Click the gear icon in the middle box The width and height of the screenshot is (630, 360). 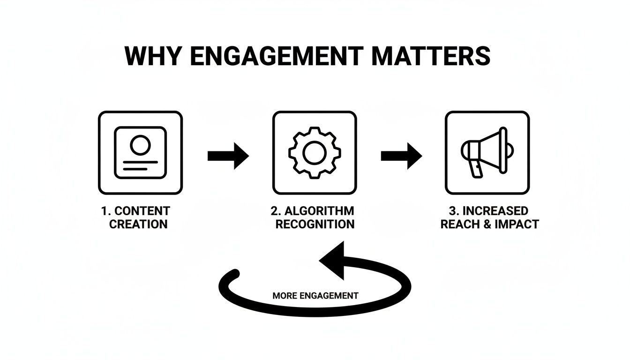click(315, 152)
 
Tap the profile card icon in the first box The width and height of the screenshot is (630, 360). click(140, 152)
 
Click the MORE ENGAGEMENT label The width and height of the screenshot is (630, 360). click(315, 296)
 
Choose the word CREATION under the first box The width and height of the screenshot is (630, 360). click(138, 224)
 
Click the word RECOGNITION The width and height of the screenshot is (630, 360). click(315, 224)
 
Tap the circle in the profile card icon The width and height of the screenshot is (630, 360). click(139, 145)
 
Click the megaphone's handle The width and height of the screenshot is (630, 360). click(476, 169)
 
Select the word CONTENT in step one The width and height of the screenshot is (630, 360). click(142, 211)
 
